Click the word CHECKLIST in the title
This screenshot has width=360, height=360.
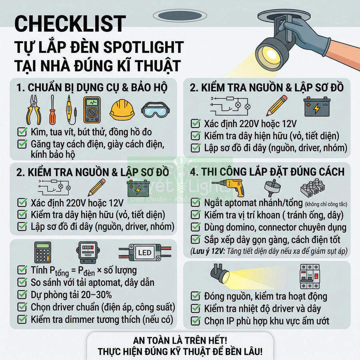click(70, 24)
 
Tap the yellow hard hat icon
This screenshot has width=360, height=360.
click(122, 109)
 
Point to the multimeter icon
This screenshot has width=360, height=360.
click(92, 109)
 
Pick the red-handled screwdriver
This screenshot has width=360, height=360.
click(52, 110)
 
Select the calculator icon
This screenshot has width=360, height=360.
click(43, 252)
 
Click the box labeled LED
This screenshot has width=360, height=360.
click(144, 252)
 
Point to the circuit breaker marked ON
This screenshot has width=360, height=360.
click(310, 276)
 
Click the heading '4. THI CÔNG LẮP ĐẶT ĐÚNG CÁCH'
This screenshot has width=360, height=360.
click(267, 172)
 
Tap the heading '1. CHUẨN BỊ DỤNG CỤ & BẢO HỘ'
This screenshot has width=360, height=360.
click(92, 87)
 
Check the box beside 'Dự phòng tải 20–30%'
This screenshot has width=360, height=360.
click(22, 295)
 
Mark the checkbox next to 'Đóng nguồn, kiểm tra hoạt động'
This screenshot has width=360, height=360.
click(196, 296)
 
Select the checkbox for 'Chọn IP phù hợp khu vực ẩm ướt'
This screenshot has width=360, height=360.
click(196, 320)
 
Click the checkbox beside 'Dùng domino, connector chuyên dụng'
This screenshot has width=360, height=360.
click(196, 227)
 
